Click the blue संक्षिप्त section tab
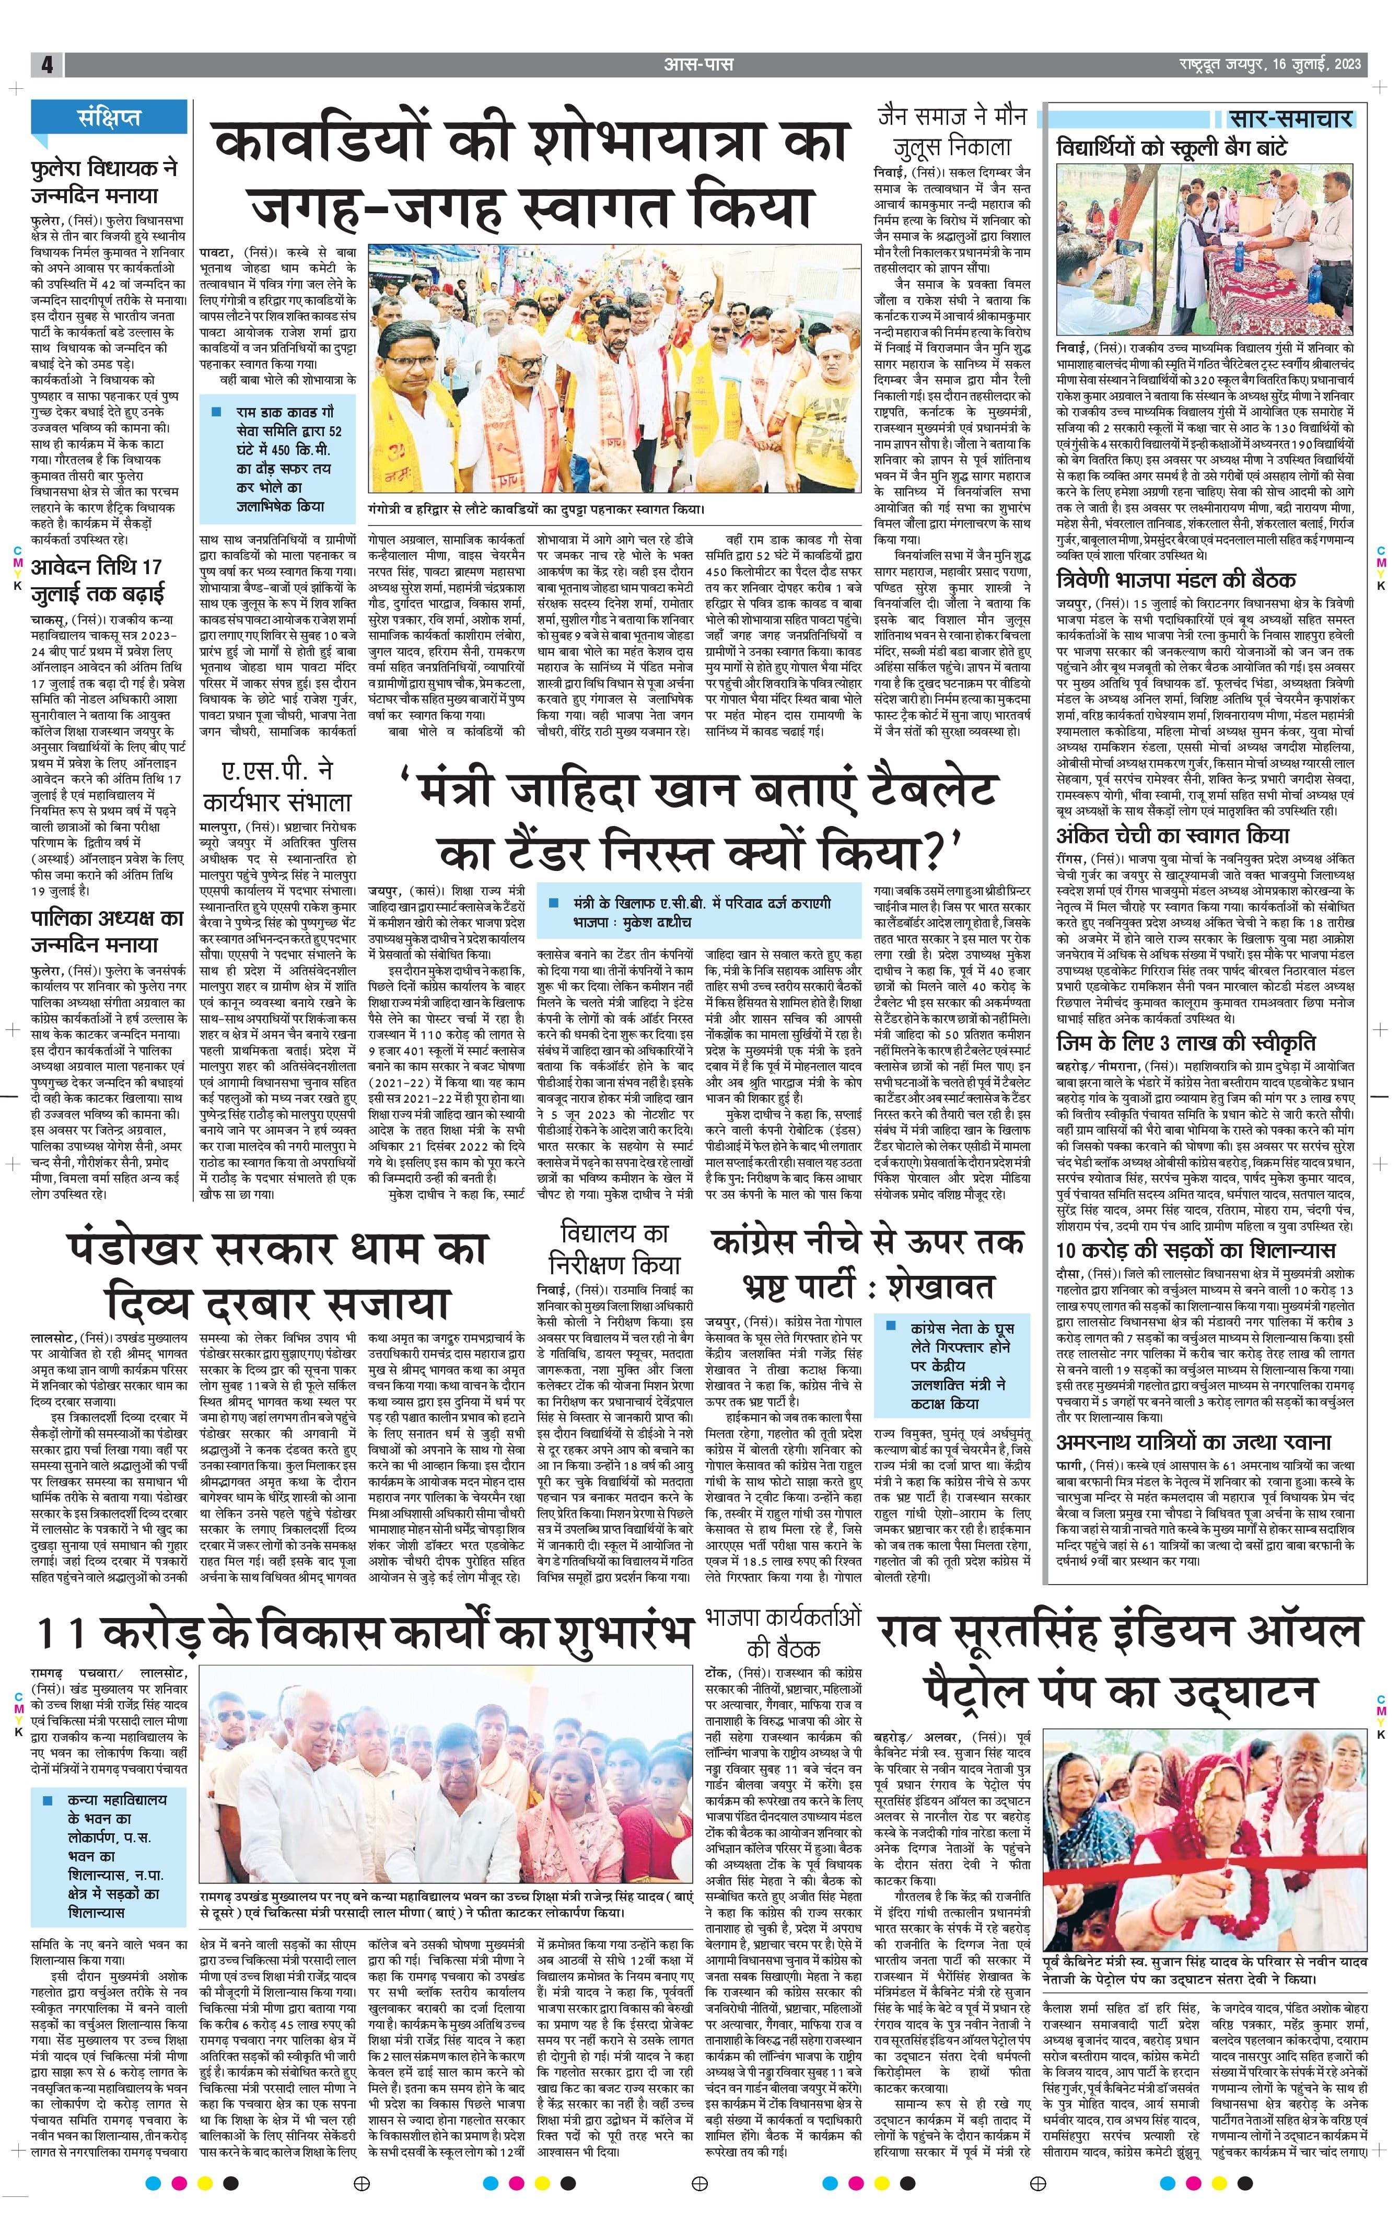110,117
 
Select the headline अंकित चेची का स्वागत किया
1172,836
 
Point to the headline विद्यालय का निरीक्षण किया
614,1249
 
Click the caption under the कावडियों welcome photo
535,508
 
